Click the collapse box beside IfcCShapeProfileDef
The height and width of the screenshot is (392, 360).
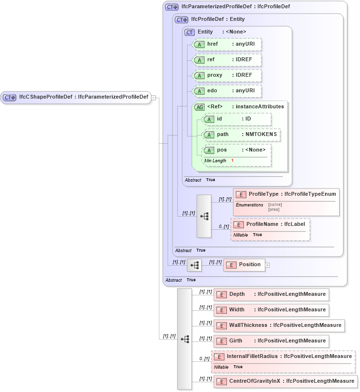click(x=154, y=97)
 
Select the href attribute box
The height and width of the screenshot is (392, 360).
click(x=227, y=44)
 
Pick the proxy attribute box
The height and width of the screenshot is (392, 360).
click(x=227, y=75)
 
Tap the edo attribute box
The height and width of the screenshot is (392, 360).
click(x=227, y=91)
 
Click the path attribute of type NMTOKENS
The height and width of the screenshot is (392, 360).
click(x=241, y=135)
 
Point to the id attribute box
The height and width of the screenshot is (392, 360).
click(x=237, y=119)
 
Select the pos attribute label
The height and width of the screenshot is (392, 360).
click(x=222, y=150)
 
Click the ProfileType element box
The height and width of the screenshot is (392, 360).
click(x=286, y=194)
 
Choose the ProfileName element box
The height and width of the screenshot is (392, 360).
click(x=270, y=224)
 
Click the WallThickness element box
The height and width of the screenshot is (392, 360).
click(x=279, y=325)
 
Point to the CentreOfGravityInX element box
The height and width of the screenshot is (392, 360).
click(x=285, y=381)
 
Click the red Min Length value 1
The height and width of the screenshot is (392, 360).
click(x=232, y=160)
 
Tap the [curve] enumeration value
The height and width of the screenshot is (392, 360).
click(x=275, y=205)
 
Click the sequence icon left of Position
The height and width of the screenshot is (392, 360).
click(x=194, y=265)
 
